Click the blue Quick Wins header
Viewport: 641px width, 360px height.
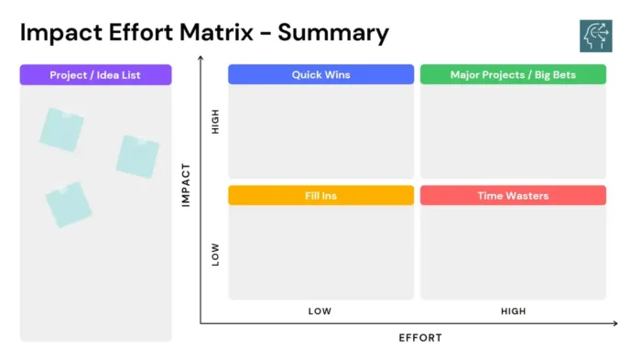(x=320, y=74)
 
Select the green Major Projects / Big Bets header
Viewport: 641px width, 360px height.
(x=513, y=74)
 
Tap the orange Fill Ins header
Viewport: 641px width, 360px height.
(x=320, y=195)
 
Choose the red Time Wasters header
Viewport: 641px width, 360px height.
(x=513, y=195)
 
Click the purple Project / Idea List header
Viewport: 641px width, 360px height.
(x=95, y=74)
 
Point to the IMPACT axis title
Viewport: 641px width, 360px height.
(x=186, y=184)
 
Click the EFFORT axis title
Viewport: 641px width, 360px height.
(x=420, y=338)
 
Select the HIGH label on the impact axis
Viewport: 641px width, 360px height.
(x=216, y=123)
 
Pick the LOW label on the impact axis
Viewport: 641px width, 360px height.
(x=216, y=254)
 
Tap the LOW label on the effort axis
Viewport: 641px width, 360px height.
(x=320, y=311)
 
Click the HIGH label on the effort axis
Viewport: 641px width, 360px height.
(x=513, y=311)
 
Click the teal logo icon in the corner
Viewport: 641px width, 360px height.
(x=595, y=35)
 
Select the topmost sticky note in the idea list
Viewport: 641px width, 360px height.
(x=61, y=129)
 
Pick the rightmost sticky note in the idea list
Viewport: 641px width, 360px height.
(x=137, y=156)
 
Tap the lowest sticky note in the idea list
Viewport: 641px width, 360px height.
(x=69, y=203)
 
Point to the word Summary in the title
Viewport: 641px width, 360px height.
(x=333, y=33)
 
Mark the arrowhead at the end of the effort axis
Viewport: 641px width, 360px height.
(x=614, y=322)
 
